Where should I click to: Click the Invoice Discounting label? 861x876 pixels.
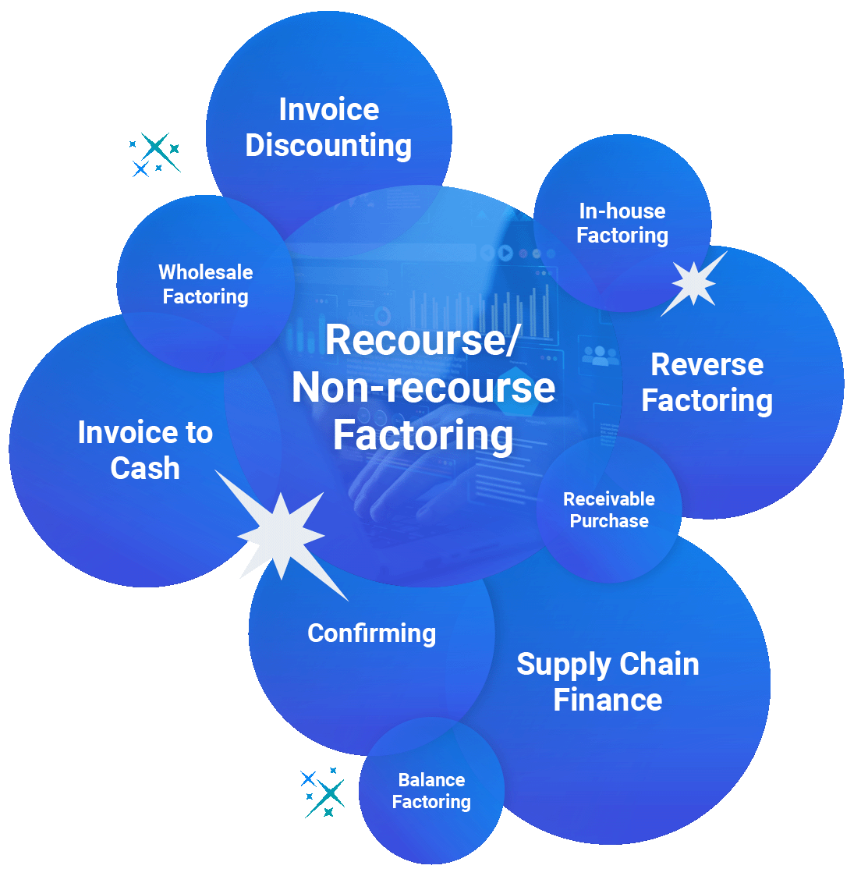pos(328,127)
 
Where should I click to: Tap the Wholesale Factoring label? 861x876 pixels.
pos(205,284)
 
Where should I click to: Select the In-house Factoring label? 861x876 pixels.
pos(622,223)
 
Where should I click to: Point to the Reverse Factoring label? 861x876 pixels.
pos(707,382)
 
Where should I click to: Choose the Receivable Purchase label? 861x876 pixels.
pos(609,510)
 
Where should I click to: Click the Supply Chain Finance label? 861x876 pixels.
pos(608,682)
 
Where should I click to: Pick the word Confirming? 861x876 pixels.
pos(371,633)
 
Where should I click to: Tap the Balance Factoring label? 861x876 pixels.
pos(431,791)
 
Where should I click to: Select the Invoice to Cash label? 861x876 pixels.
pos(145,450)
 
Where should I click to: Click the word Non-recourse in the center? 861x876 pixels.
pos(423,388)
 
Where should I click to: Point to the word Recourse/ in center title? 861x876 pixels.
pos(422,340)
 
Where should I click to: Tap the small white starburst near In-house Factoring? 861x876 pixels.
pos(693,282)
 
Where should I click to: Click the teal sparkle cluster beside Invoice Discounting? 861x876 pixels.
pos(155,154)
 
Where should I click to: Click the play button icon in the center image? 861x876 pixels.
pos(505,253)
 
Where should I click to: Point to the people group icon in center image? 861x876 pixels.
pos(600,356)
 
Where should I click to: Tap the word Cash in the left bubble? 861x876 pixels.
pos(145,469)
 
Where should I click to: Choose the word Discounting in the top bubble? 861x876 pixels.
pos(328,146)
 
